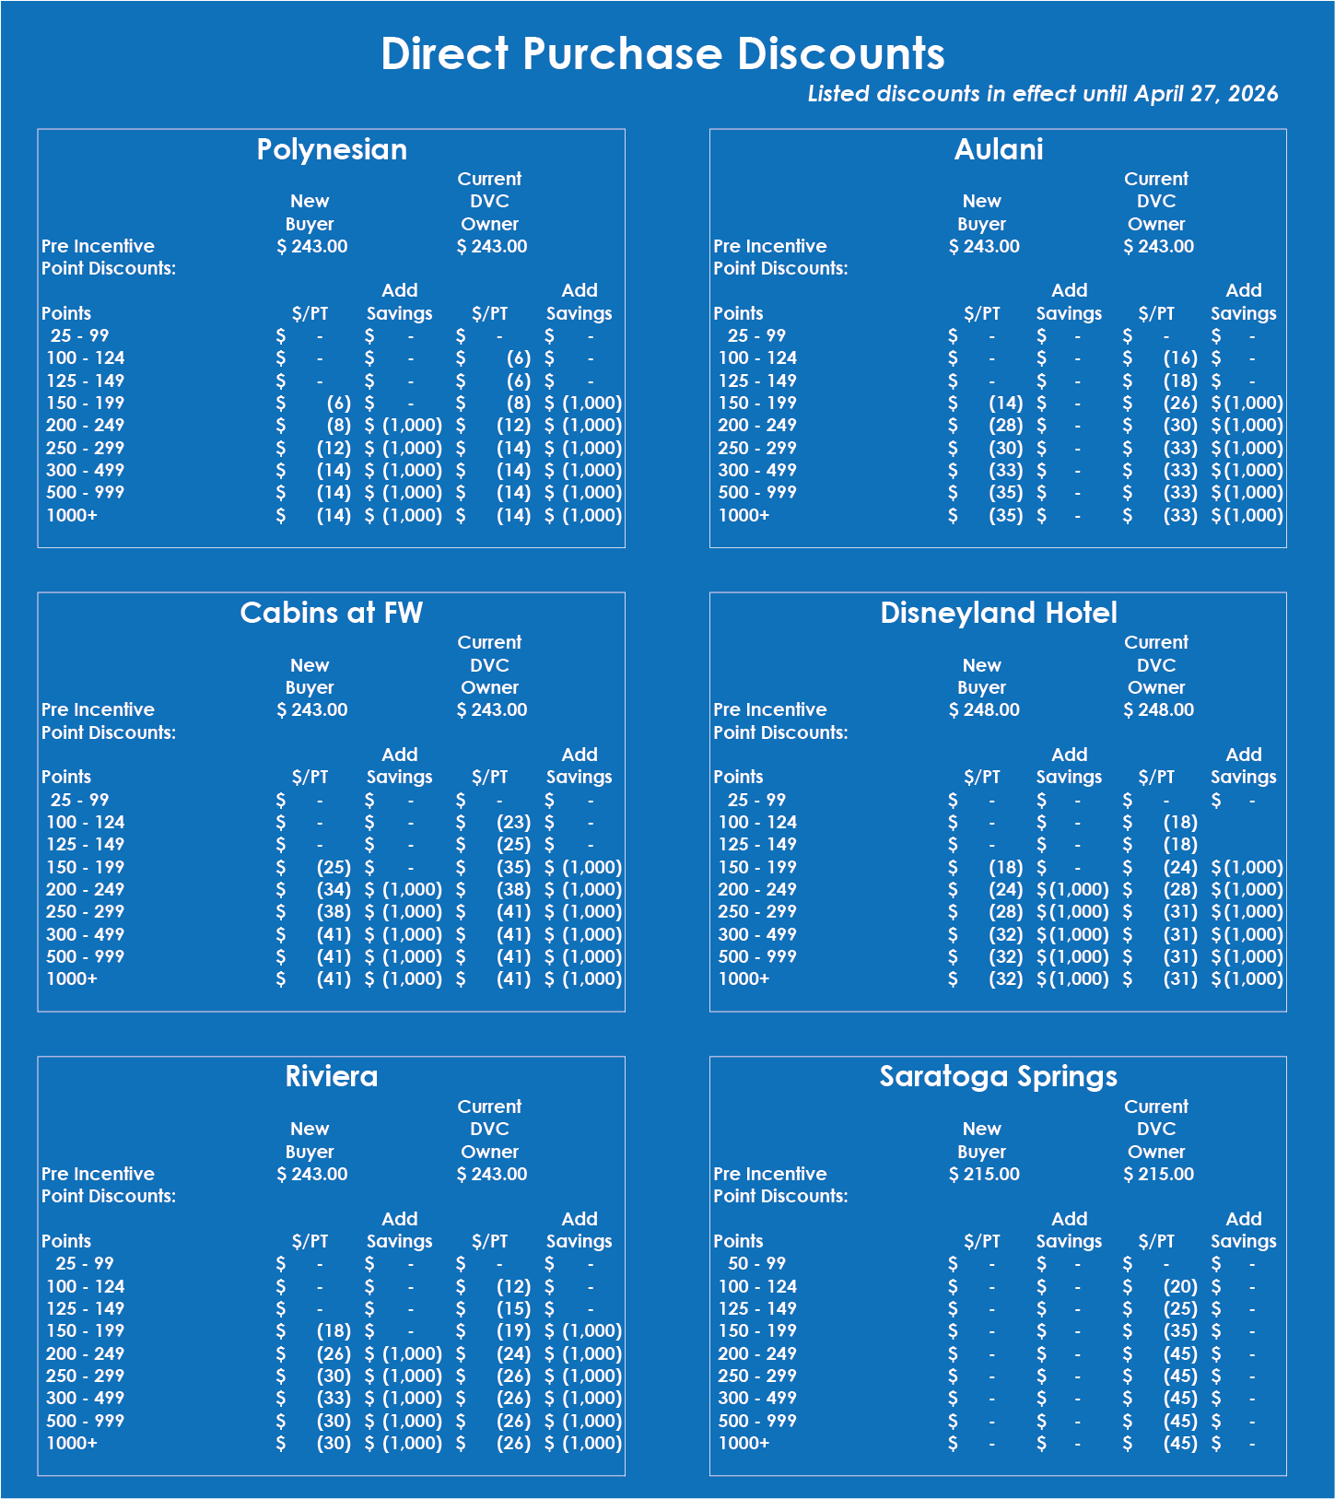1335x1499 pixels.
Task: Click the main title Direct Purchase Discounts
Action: point(662,53)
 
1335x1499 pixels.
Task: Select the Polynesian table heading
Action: point(332,149)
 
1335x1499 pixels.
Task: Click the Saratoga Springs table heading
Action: point(998,1076)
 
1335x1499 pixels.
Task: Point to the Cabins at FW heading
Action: point(331,613)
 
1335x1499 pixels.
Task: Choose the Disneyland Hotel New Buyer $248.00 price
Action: point(984,709)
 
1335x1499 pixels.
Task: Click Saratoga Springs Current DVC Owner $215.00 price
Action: point(1158,1174)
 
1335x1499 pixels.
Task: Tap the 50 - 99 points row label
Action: point(756,1263)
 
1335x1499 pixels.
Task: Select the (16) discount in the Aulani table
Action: point(1180,357)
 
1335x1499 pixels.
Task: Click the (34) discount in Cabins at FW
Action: point(334,889)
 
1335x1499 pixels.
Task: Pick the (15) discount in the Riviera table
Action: point(513,1308)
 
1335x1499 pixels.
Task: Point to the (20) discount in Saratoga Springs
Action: point(1180,1286)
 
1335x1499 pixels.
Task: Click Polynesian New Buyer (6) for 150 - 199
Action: point(338,403)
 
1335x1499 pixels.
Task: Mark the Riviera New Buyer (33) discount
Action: point(334,1398)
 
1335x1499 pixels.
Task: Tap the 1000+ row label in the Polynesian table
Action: point(72,515)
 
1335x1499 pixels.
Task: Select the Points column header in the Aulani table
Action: point(738,313)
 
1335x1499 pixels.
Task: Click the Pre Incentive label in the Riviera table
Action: point(98,1174)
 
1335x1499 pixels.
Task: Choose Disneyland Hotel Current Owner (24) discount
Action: point(1180,867)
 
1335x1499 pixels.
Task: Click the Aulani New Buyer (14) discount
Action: point(1005,403)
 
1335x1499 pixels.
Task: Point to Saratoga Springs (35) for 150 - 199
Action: point(1180,1330)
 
